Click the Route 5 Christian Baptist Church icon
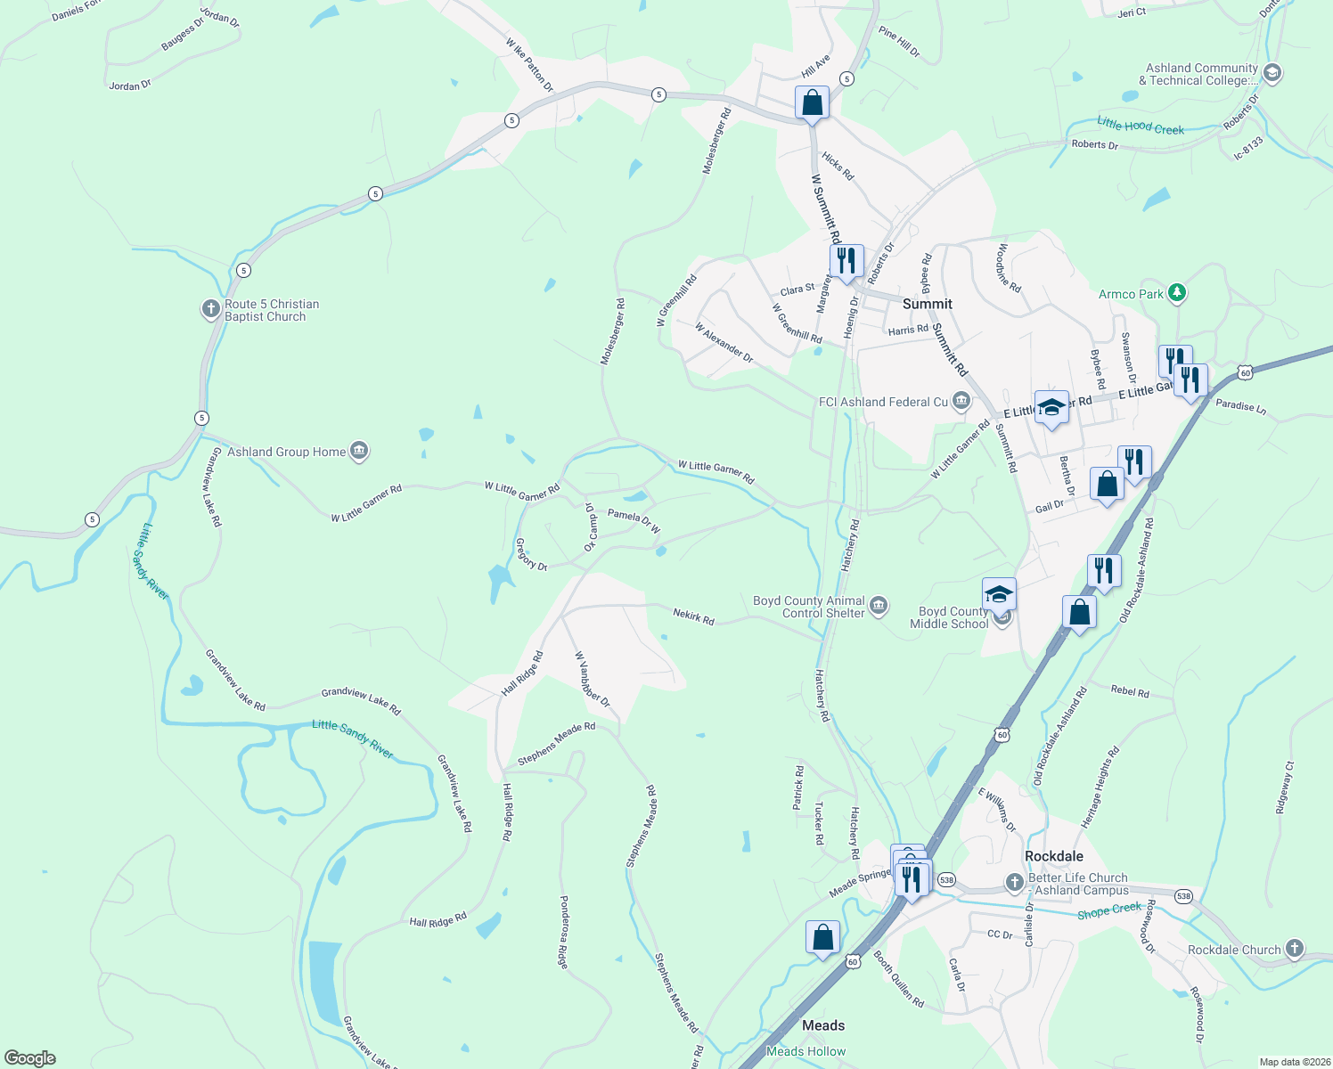[x=211, y=309]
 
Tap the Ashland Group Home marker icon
[x=358, y=452]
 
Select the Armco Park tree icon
[x=1177, y=292]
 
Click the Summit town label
[x=927, y=304]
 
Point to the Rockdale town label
[x=1053, y=856]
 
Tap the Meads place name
[x=822, y=1025]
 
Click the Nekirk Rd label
[x=693, y=616]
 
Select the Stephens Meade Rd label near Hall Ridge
[x=556, y=744]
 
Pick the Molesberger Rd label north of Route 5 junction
[x=717, y=141]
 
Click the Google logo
[x=30, y=1057]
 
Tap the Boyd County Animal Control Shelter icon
[x=879, y=606]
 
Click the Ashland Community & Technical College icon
[x=1272, y=73]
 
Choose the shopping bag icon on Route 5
[x=812, y=102]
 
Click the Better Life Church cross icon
[x=1014, y=883]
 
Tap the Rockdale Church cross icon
[x=1295, y=950]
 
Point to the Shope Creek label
[x=1108, y=910]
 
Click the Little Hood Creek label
[x=1141, y=126]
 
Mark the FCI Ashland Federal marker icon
[x=961, y=401]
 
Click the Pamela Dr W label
[x=634, y=521]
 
